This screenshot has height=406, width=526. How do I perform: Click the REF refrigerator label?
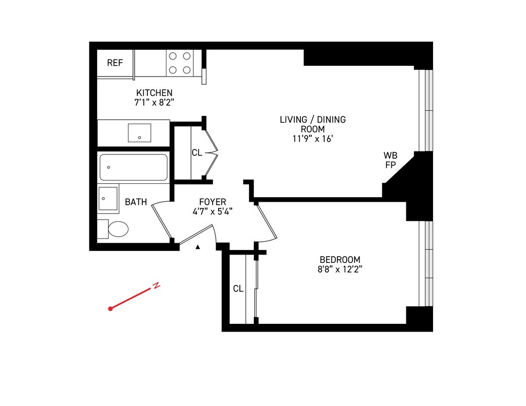coord(115,63)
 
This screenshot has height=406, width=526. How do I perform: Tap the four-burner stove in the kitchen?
coord(179,63)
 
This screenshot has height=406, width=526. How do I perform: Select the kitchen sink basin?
coord(139,132)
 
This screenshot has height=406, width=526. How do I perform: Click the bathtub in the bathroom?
coord(134,167)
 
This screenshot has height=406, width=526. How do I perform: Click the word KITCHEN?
coord(154,93)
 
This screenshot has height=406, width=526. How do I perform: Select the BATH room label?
coord(136,202)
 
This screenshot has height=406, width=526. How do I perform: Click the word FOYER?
coord(213,202)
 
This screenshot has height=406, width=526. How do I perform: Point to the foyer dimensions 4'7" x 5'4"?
coord(213,211)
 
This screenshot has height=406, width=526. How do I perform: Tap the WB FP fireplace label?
coord(390,160)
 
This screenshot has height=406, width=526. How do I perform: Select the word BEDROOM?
coord(340,260)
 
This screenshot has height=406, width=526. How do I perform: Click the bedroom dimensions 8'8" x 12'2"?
coord(340,269)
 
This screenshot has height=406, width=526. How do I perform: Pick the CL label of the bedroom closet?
coord(238,289)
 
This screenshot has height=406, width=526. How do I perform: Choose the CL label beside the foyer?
coord(197,152)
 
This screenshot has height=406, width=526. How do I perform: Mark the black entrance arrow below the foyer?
coord(198,247)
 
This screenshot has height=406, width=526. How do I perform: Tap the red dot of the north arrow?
coord(110,308)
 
